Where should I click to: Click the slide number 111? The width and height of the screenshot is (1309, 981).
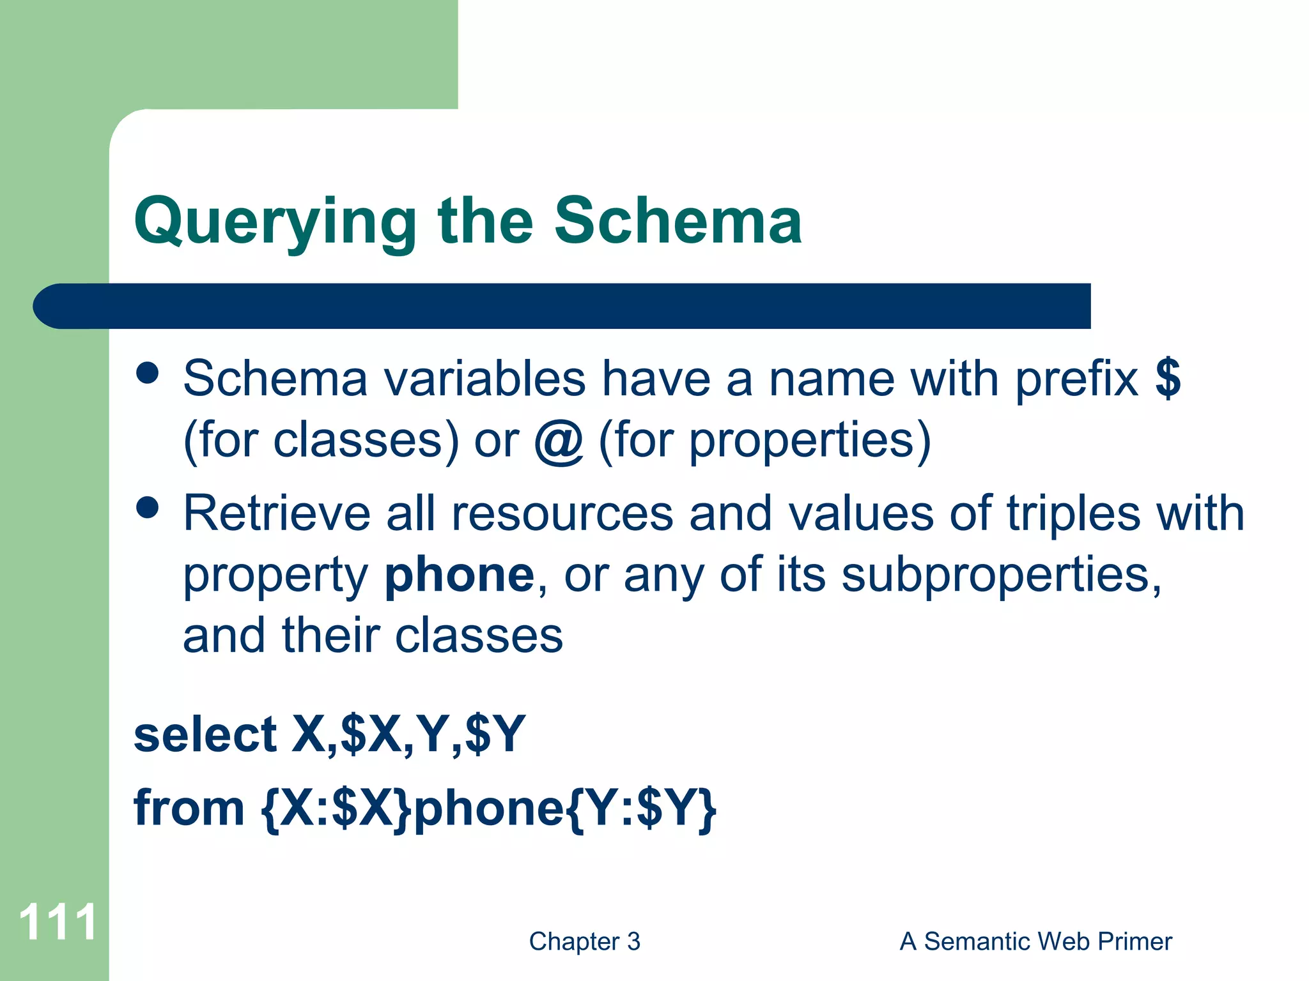click(x=58, y=922)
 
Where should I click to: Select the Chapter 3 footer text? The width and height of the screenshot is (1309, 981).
click(x=584, y=941)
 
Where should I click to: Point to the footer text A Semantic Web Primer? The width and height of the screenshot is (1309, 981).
click(x=1035, y=941)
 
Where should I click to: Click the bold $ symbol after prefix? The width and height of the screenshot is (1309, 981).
click(x=1168, y=378)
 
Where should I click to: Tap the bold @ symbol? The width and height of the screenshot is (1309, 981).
click(x=559, y=441)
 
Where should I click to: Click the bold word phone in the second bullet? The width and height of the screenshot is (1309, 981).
click(x=459, y=575)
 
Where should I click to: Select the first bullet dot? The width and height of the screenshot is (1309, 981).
click(x=148, y=374)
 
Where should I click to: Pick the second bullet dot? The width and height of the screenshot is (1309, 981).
click(x=148, y=508)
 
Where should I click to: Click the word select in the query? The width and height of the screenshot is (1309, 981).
click(x=205, y=734)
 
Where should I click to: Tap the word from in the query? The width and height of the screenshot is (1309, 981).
click(x=189, y=809)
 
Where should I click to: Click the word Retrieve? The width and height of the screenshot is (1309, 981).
click(x=276, y=513)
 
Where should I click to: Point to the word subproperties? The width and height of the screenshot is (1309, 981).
click(x=1001, y=575)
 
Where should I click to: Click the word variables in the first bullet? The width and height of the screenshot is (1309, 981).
click(x=484, y=379)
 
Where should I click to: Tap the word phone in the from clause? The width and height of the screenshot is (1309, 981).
click(x=489, y=809)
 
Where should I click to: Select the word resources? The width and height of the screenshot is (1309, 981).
click(x=562, y=514)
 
